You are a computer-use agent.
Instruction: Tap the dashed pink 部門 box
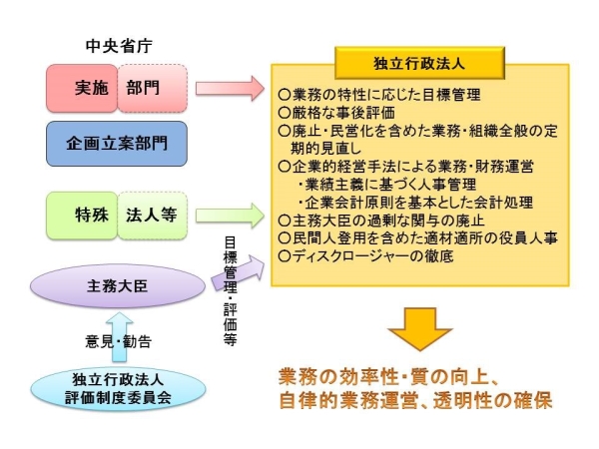pyautogui.click(x=151, y=88)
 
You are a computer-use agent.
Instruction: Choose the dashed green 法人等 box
pyautogui.click(x=151, y=216)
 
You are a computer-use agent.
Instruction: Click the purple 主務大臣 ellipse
pyautogui.click(x=118, y=285)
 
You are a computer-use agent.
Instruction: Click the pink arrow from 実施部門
pyautogui.click(x=228, y=88)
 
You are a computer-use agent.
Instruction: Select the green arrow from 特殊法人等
pyautogui.click(x=228, y=216)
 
